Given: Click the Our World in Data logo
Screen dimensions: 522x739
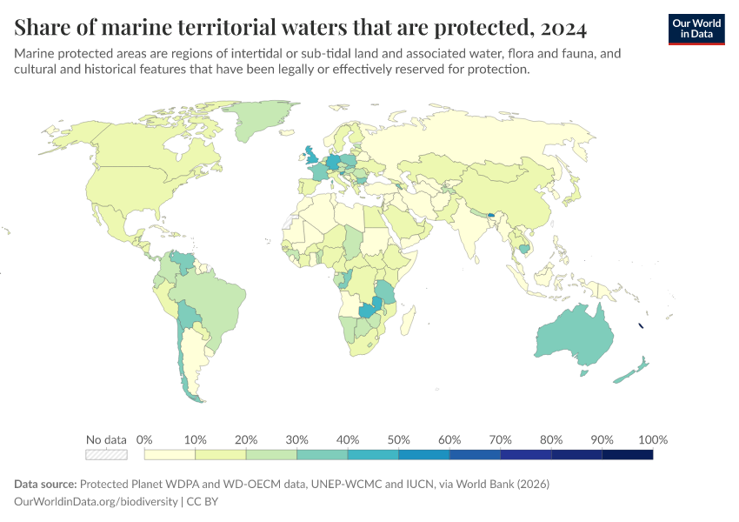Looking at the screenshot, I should click(696, 29).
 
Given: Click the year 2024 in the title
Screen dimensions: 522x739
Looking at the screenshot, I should click(563, 28).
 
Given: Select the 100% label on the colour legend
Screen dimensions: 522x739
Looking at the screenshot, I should click(652, 439).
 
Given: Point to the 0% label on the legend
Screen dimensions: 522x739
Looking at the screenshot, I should click(145, 439).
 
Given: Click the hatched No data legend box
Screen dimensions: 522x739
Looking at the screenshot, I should click(106, 454).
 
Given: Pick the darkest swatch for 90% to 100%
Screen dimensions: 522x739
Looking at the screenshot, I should click(627, 454).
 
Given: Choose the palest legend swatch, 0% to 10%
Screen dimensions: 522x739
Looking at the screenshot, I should click(170, 454).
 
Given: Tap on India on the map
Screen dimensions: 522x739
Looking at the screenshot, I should click(472, 231).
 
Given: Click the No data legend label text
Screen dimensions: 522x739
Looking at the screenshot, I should click(106, 439).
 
